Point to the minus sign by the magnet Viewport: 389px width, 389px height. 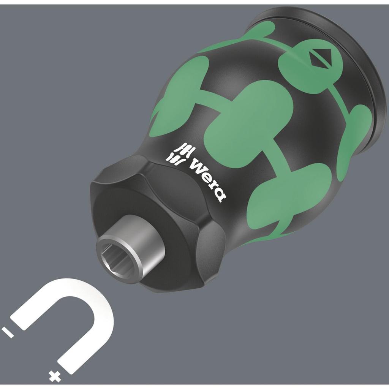[8, 332]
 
